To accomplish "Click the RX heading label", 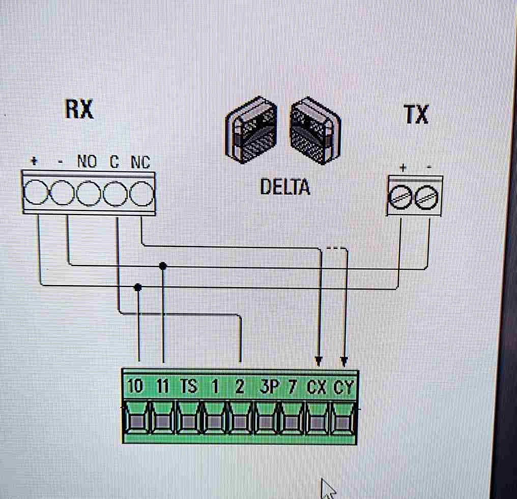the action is tap(79, 109).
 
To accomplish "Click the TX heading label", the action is tap(416, 114).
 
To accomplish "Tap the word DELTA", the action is tap(285, 186).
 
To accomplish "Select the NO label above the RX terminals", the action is tap(87, 161).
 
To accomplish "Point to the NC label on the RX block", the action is tap(140, 162).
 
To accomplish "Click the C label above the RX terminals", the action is tap(114, 161).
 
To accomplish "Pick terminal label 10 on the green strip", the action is tap(135, 386).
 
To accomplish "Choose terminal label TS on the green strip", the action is tap(189, 386).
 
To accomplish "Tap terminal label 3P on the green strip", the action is tap(269, 386).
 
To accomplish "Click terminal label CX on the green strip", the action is tap(317, 387).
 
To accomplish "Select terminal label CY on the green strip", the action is tap(343, 387).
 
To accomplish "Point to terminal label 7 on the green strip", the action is tap(292, 386).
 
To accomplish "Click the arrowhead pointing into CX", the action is tap(318, 361).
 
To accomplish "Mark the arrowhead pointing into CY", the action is tap(344, 361).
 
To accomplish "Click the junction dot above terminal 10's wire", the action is tap(138, 288).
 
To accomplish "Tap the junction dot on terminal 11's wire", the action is tap(163, 266).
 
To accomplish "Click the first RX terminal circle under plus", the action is tap(36, 193).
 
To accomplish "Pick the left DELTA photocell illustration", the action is tap(251, 130).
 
